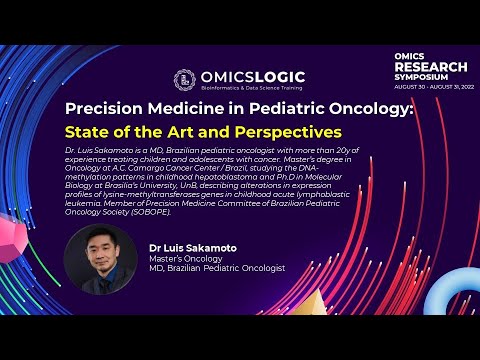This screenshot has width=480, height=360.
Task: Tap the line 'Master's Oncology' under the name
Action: pos(180,257)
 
